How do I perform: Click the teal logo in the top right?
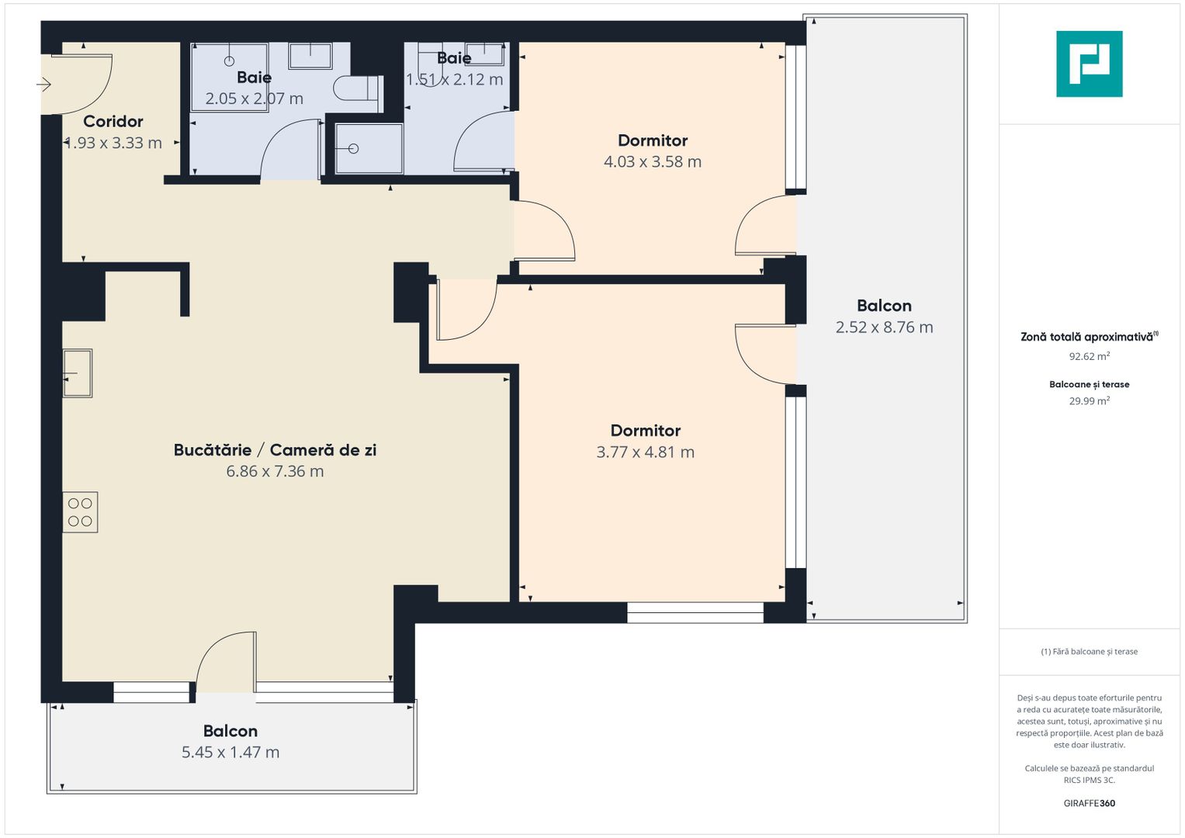tap(1089, 64)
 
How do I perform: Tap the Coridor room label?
tap(113, 121)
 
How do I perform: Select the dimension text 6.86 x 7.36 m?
tap(275, 471)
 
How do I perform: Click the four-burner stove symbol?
tap(80, 512)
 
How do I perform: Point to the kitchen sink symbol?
tap(78, 373)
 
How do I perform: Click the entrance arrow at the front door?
tap(44, 84)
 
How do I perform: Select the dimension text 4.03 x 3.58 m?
tap(652, 161)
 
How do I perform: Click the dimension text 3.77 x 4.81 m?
tap(645, 452)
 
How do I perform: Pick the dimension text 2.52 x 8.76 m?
tap(884, 327)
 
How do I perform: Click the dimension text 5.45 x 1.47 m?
tap(230, 752)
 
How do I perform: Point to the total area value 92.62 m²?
tap(1089, 356)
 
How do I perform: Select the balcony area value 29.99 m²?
tap(1089, 400)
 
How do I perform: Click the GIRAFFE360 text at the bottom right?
tap(1089, 803)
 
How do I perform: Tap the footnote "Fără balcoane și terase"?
tap(1089, 651)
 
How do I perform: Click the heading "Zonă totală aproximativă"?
tap(1086, 337)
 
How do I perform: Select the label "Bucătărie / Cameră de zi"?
tap(275, 450)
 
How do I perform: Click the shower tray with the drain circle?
tap(369, 148)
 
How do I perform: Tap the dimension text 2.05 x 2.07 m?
tap(254, 99)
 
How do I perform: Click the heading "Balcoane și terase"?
tap(1089, 384)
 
